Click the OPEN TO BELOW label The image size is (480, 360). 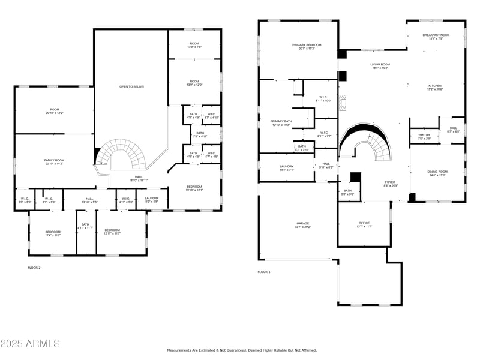(x=131, y=86)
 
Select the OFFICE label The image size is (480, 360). (x=364, y=224)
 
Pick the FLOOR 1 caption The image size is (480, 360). (x=264, y=272)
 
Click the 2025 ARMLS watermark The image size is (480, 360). (x=30, y=344)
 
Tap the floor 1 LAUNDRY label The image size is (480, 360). (x=286, y=168)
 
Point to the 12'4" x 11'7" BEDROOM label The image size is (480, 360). (x=53, y=233)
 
